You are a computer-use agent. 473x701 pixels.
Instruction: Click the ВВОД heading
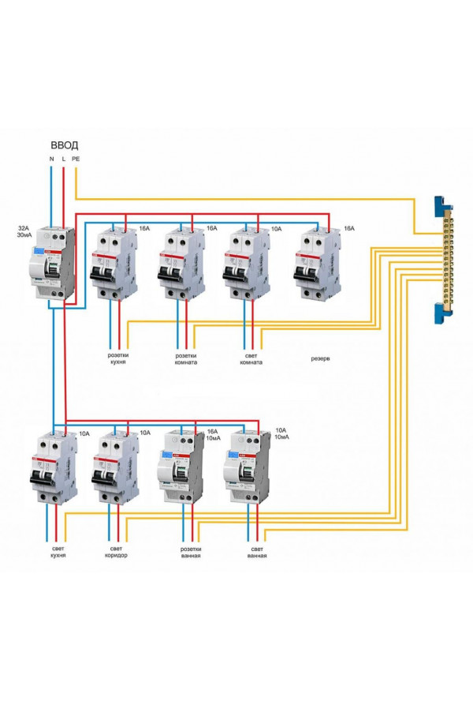pyautogui.click(x=64, y=145)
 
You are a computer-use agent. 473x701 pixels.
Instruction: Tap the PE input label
pyautogui.click(x=76, y=159)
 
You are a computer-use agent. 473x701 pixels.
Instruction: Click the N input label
pyautogui.click(x=51, y=159)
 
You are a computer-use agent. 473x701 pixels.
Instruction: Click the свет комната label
pyautogui.click(x=250, y=358)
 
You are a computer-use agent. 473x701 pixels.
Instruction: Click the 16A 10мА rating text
pyautogui.click(x=214, y=435)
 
